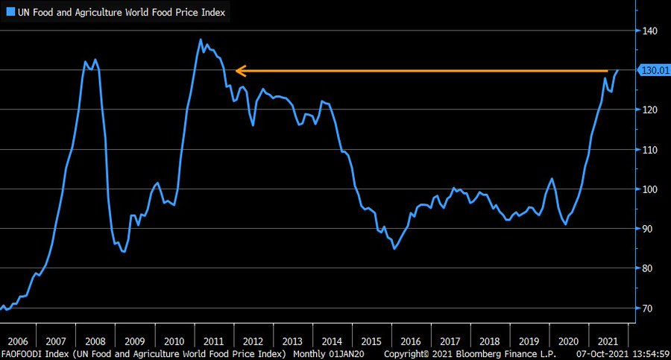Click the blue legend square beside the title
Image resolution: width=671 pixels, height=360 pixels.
[x=10, y=13]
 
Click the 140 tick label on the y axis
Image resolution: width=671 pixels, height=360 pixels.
[x=649, y=31]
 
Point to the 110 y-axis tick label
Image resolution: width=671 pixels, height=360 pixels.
[x=649, y=150]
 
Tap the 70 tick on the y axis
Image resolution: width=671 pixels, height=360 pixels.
[x=648, y=308]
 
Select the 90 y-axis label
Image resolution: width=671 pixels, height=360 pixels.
[x=648, y=229]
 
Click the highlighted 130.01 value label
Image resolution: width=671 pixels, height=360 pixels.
[x=651, y=71]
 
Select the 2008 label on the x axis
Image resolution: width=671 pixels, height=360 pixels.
[x=95, y=338]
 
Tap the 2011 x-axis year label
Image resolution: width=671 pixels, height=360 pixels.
[x=213, y=338]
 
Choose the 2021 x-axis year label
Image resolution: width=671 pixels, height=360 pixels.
[x=608, y=338]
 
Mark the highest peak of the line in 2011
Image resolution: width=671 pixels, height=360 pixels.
[x=201, y=40]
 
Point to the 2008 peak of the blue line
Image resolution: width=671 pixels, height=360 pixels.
[x=95, y=60]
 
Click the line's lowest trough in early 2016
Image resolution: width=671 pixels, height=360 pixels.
[x=394, y=249]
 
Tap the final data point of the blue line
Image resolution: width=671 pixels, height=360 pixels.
[x=618, y=70]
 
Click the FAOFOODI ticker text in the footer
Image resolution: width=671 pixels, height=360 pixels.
[x=22, y=353]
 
